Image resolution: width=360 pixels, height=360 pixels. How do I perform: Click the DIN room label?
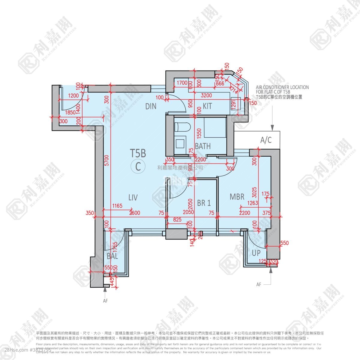coord(151,106)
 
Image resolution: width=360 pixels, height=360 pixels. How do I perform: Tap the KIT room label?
coord(207,106)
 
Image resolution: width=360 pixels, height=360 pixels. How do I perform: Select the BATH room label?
coord(203,146)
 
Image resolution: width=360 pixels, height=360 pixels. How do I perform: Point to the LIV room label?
coord(133,197)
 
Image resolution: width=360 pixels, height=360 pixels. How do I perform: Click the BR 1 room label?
coord(204,203)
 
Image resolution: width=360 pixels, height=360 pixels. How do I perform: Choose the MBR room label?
coord(237,197)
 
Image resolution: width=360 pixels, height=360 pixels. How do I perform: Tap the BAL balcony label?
coord(112,256)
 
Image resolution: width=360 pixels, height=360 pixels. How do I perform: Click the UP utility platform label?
coord(256,253)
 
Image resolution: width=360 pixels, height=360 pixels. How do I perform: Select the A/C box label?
coord(266,140)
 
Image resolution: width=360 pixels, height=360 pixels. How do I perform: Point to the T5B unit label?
coord(138,153)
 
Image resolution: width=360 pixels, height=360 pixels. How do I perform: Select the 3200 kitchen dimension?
coord(206,95)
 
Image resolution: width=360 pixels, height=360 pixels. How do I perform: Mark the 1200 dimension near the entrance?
coord(73,96)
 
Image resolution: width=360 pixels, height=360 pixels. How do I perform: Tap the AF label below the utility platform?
coord(259,284)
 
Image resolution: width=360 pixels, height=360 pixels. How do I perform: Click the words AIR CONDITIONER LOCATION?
coord(282,87)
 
